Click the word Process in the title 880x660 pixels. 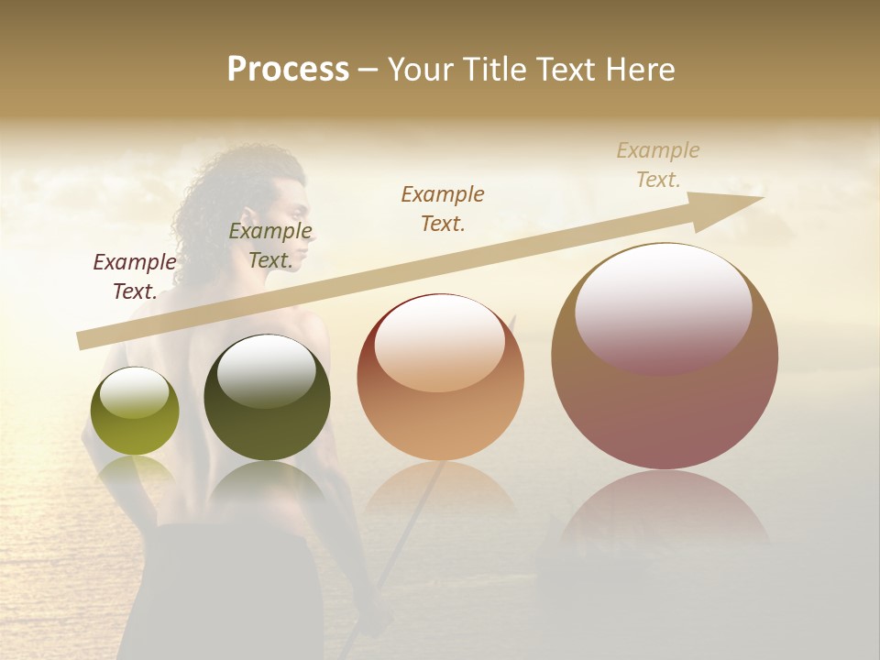pos(288,70)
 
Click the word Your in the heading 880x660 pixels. pos(423,70)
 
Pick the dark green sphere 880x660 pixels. pos(267,412)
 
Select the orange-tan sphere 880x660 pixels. pos(440,403)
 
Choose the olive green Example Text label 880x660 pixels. pos(270,246)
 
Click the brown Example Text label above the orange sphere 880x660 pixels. pos(443,208)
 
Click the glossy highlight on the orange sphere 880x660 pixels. pos(439,339)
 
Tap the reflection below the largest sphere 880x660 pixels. pos(665,513)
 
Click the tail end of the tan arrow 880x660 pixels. pos(84,340)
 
